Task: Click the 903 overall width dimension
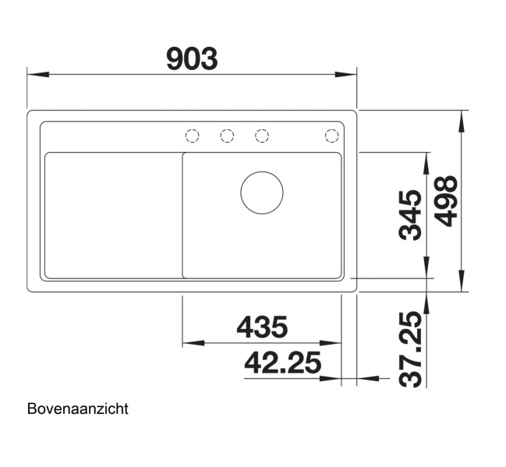192,58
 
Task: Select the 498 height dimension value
446,201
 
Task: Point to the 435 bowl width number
262,327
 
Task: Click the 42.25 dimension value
283,363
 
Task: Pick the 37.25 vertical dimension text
410,348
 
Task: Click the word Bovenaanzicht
77,409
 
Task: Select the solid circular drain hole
262,193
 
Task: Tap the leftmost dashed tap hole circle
192,136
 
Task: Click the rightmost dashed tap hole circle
331,136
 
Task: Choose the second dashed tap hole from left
227,136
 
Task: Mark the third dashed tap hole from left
262,136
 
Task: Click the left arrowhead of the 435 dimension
189,343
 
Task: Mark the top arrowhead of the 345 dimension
427,158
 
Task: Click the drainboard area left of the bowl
112,214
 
